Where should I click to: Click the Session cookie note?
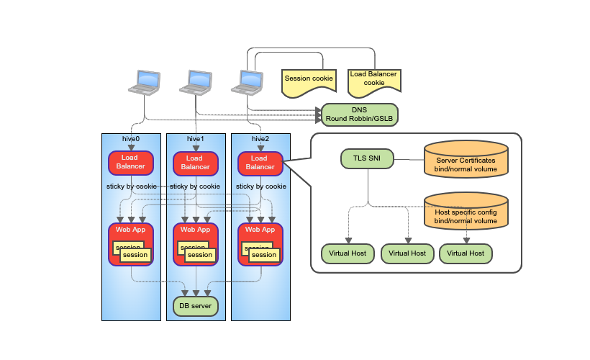(309, 83)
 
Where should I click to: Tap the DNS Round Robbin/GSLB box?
(359, 114)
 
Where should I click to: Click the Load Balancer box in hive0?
(131, 163)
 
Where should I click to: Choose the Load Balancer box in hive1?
(196, 163)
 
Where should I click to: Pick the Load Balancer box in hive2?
(260, 163)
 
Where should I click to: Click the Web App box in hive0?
(131, 244)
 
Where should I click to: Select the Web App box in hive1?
(196, 244)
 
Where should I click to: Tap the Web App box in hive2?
(260, 244)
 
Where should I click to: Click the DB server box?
(196, 306)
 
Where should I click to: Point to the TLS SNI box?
(367, 158)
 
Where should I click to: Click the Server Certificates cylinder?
(466, 159)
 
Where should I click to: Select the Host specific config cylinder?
(466, 211)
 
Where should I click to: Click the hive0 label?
(131, 139)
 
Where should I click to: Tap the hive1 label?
(196, 139)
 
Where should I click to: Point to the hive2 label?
(260, 139)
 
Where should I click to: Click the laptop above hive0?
(145, 83)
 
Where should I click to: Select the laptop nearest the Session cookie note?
(248, 83)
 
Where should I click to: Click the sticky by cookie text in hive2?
(261, 186)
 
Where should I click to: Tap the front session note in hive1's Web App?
(200, 255)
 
